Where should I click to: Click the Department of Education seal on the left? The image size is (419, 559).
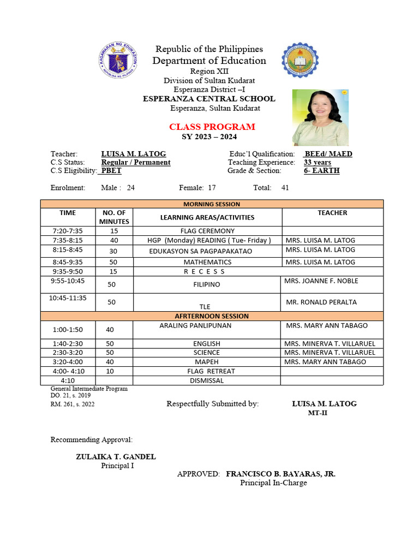pyautogui.click(x=118, y=60)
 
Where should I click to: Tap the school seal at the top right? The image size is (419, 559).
pyautogui.click(x=300, y=60)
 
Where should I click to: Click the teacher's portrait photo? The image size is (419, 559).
pyautogui.click(x=320, y=117)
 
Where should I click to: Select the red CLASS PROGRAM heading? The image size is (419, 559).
pyautogui.click(x=212, y=127)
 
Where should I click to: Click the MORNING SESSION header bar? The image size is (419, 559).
pyautogui.click(x=211, y=204)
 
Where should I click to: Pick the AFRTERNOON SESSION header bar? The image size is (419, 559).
pyautogui.click(x=211, y=316)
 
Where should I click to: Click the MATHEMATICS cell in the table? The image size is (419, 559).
pyautogui.click(x=207, y=262)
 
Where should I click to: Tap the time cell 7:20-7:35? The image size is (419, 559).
pyautogui.click(x=68, y=231)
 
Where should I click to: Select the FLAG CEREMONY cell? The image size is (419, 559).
pyautogui.click(x=207, y=231)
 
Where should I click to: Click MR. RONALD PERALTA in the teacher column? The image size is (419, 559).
pyautogui.click(x=321, y=302)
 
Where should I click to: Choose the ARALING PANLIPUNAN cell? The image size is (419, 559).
pyautogui.click(x=195, y=325)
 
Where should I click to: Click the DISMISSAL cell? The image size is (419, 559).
pyautogui.click(x=207, y=380)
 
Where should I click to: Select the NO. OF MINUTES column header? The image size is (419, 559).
pyautogui.click(x=113, y=217)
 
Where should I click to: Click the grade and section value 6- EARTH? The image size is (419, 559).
pyautogui.click(x=321, y=170)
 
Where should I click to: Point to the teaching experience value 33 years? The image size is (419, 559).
pyautogui.click(x=317, y=162)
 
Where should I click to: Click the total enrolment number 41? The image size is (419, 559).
pyautogui.click(x=285, y=188)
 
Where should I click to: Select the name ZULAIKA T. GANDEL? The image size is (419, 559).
pyautogui.click(x=116, y=456)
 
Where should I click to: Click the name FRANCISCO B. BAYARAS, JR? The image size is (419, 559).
pyautogui.click(x=280, y=474)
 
